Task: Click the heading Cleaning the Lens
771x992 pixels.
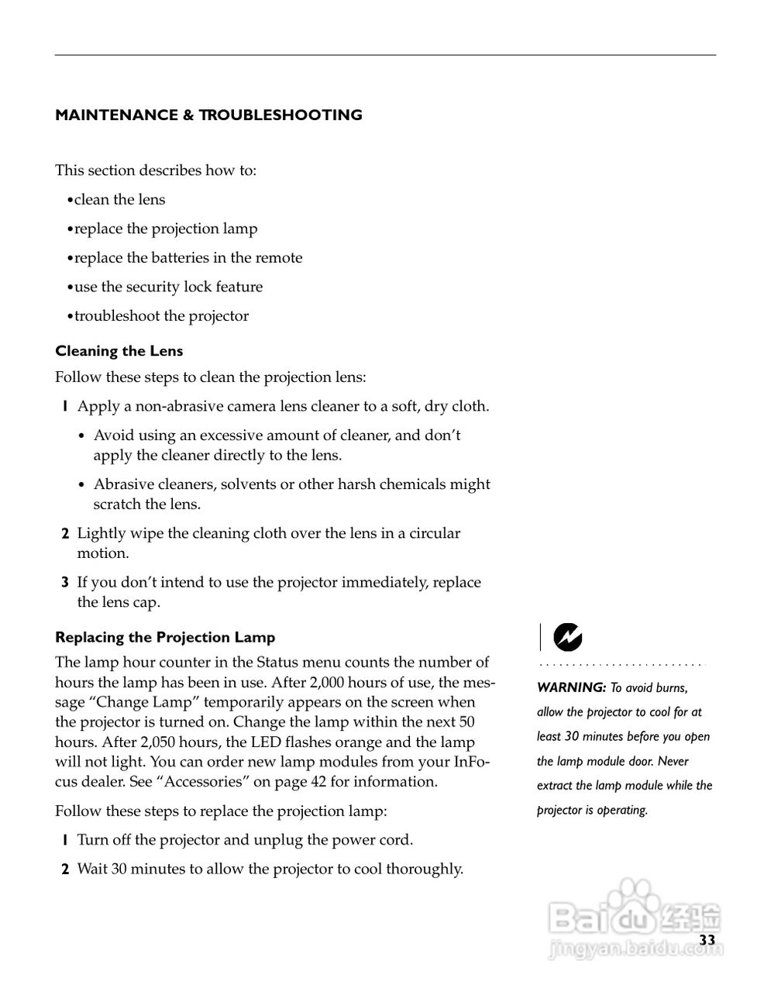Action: (x=119, y=351)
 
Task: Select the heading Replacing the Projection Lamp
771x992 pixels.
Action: (x=165, y=638)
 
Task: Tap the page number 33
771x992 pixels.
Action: (x=707, y=940)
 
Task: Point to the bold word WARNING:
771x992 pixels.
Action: (x=571, y=687)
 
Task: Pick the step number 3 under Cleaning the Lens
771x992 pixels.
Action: (x=65, y=583)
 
